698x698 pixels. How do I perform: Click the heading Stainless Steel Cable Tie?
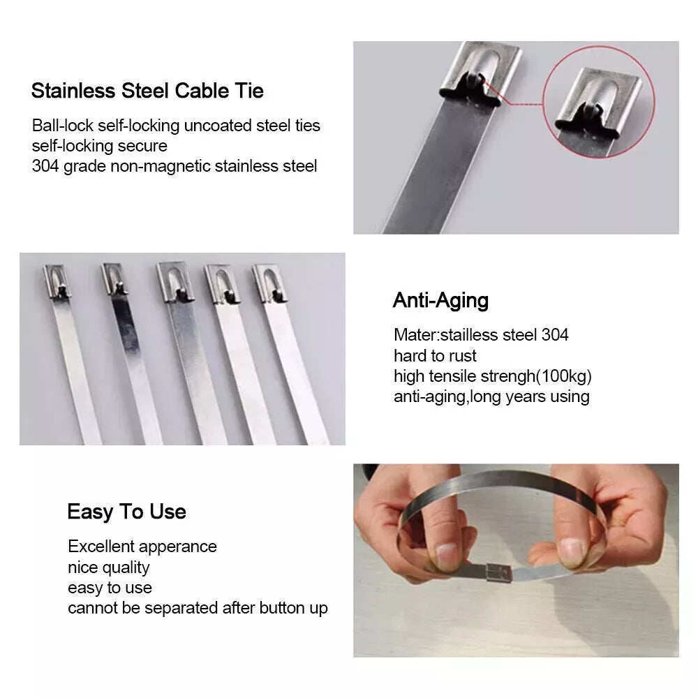pos(147,91)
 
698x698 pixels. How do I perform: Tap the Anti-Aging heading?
pos(440,301)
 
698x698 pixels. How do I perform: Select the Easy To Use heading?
pos(126,512)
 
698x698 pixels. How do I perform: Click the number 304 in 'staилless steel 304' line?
pos(555,335)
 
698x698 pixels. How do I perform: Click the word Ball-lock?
pos(62,126)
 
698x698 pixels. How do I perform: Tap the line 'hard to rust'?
pos(435,356)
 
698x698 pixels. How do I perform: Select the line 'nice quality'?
pos(109,567)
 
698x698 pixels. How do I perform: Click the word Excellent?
pos(101,547)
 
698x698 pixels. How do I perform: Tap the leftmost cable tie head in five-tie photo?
pos(57,281)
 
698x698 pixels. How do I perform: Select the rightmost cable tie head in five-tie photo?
pos(269,282)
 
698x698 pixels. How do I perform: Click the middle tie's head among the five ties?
pos(172,281)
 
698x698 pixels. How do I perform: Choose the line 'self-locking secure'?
pos(100,146)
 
